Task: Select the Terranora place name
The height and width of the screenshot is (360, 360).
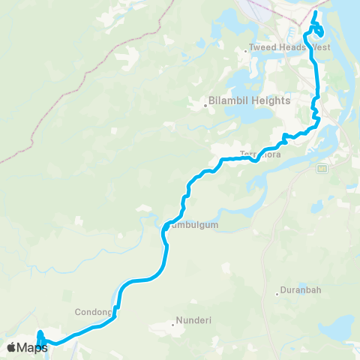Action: click(259, 155)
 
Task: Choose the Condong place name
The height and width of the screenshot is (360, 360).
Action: click(93, 312)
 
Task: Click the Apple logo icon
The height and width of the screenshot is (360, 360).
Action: click(12, 346)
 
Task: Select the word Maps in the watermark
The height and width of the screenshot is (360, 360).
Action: click(32, 346)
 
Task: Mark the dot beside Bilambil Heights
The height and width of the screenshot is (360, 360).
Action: click(204, 105)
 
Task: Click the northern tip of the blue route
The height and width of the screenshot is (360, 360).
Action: click(316, 13)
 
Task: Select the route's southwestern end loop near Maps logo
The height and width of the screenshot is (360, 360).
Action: click(41, 341)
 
